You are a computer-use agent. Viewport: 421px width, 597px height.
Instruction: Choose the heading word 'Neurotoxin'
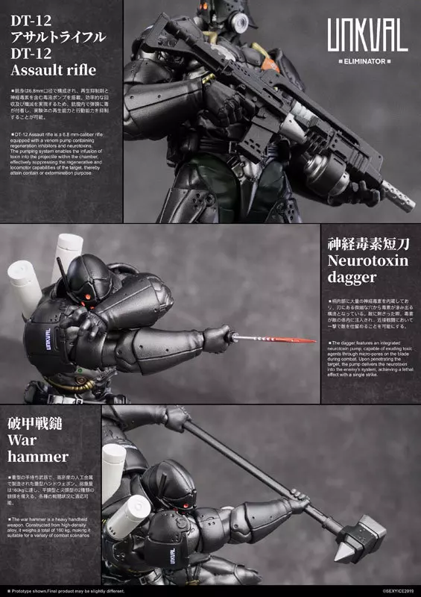click(362, 261)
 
